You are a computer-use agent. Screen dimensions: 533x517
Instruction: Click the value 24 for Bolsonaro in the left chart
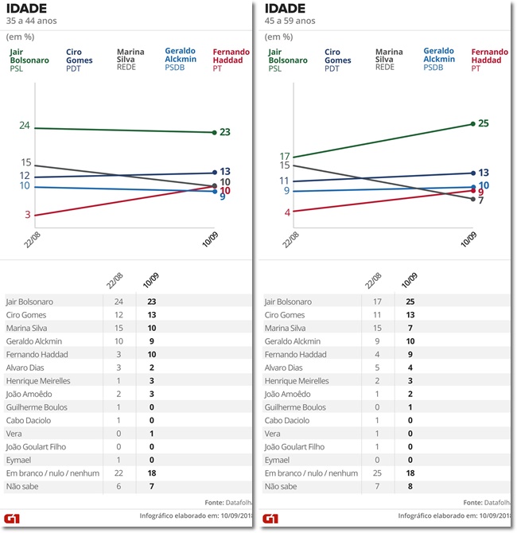[x=25, y=126]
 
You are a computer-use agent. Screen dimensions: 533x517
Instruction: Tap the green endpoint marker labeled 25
[x=473, y=123]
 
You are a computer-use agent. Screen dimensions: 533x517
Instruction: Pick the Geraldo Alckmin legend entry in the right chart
[x=439, y=59]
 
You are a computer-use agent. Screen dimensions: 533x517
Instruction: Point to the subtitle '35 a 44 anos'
[x=32, y=20]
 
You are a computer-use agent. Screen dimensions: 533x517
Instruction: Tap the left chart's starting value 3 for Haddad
[x=27, y=215]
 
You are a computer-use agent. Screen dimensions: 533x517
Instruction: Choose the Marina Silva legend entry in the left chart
[x=131, y=59]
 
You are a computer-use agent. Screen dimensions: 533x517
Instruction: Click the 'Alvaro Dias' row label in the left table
[x=26, y=368]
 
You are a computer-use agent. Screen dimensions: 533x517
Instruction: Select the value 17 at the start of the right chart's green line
[x=283, y=156]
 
